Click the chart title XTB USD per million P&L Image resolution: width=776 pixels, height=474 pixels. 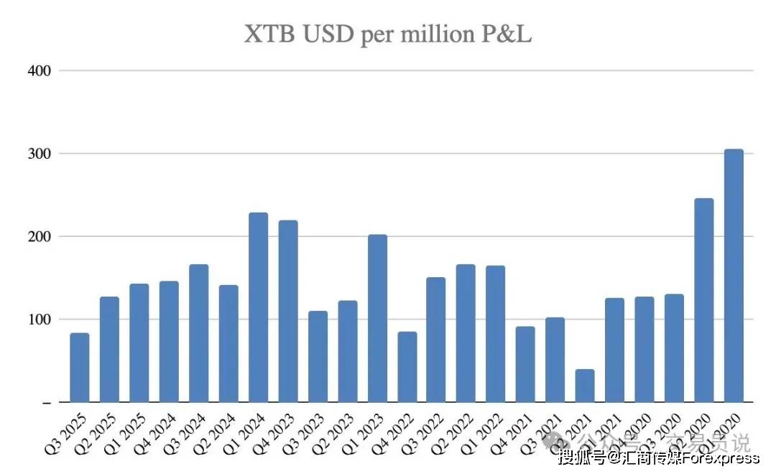pyautogui.click(x=388, y=34)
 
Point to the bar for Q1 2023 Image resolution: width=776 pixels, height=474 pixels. pyautogui.click(x=377, y=317)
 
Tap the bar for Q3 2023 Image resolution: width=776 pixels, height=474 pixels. pyautogui.click(x=318, y=356)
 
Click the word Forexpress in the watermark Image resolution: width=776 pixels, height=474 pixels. pyautogui.click(x=719, y=457)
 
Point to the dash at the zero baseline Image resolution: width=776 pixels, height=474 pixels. pyautogui.click(x=47, y=404)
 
